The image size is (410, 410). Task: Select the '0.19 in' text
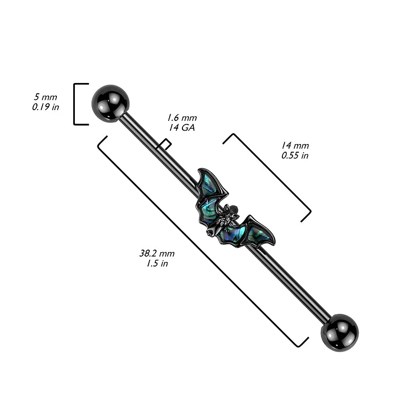click(x=45, y=107)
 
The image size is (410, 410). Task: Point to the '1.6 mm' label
click(x=183, y=118)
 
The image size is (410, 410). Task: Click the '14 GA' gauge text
click(x=182, y=128)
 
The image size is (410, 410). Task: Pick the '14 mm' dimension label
click(x=295, y=145)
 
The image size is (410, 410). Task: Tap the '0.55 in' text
click(x=295, y=155)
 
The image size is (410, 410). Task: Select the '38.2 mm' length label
click(x=157, y=253)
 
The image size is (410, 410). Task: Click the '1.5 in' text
click(x=157, y=263)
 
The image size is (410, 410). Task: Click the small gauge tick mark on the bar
click(x=164, y=144)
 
